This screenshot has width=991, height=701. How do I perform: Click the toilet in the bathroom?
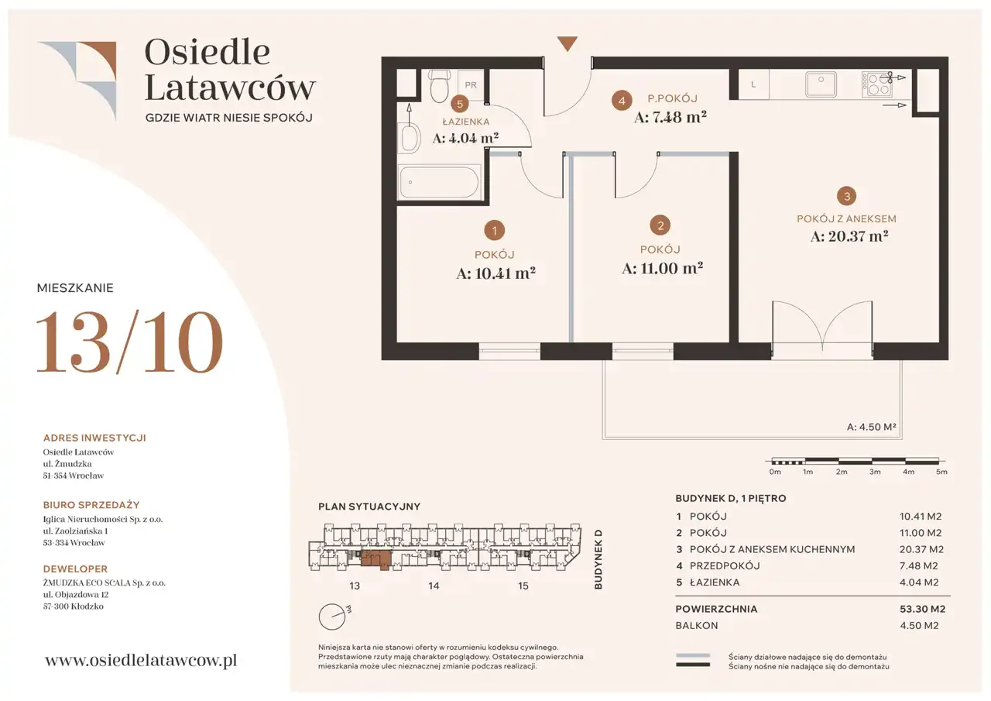[x=440, y=86]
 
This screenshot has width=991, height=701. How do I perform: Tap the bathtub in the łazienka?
[x=439, y=182]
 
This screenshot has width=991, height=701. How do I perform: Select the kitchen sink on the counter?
[x=821, y=84]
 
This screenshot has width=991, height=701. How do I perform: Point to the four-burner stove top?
[x=876, y=84]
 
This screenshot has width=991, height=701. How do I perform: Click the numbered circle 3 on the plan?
[x=847, y=196]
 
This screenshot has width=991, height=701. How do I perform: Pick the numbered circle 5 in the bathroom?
[x=460, y=104]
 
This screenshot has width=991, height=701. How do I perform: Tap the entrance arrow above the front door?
[x=568, y=44]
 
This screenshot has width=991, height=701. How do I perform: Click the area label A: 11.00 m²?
[x=662, y=268]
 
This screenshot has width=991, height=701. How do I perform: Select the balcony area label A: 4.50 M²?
[x=871, y=427]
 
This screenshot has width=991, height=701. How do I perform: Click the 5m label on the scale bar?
[x=941, y=472]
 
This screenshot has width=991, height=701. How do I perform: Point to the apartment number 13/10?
[x=129, y=342]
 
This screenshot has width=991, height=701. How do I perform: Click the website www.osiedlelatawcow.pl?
[x=141, y=660]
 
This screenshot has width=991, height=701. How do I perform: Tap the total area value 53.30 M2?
[x=922, y=609]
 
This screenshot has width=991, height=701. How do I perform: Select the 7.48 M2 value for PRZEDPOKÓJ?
[x=918, y=565]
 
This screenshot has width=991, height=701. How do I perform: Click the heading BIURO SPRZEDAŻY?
[x=91, y=504]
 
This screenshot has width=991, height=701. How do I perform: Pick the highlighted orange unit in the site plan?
[x=376, y=559]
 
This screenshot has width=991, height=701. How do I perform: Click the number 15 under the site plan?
[x=523, y=586]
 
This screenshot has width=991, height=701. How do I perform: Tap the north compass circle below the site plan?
[x=332, y=617]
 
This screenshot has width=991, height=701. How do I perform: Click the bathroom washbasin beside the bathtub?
[x=410, y=138]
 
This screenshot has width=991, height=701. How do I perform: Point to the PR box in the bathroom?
[x=471, y=84]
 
